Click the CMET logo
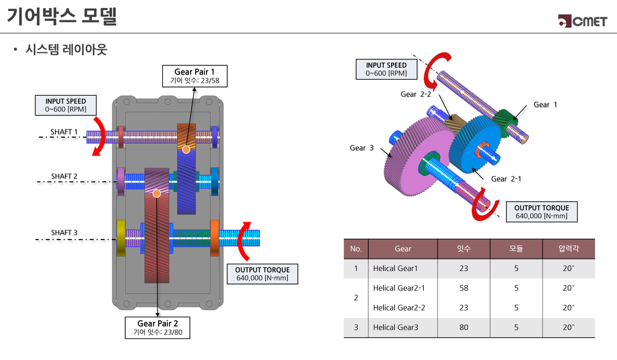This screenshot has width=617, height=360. pos(582,20)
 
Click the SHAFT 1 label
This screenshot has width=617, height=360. pos(64,132)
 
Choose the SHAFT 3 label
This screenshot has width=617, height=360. pos(64,233)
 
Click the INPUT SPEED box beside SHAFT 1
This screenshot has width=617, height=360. pos(65,105)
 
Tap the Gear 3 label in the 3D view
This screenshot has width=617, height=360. pos(362,148)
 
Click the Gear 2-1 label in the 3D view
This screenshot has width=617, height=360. pos(507,179)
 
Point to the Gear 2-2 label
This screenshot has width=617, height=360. pos(417,94)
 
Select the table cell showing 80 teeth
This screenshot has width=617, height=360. pos(463,327)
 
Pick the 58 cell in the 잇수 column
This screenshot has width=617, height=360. pos(463,288)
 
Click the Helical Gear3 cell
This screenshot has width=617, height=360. pos(395,327)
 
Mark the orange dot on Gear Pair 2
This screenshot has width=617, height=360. pos(157,193)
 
